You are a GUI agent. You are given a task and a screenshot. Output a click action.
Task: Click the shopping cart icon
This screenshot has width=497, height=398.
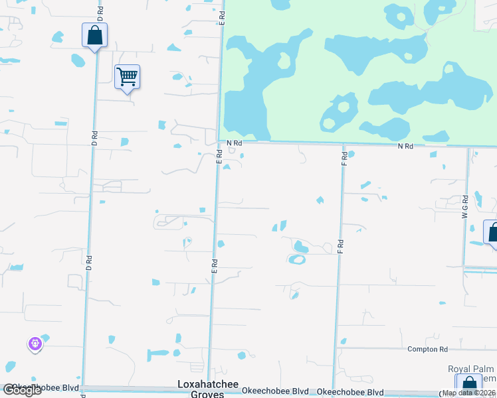point(127,77)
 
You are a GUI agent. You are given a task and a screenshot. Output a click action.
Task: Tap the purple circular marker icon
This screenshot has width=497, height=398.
point(35,344)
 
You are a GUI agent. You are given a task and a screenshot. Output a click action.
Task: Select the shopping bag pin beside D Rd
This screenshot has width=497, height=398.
point(94,35)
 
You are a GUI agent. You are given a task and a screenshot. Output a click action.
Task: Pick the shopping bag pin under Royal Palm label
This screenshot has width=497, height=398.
point(468,385)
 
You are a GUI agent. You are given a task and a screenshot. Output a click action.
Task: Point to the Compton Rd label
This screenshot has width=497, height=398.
point(427,349)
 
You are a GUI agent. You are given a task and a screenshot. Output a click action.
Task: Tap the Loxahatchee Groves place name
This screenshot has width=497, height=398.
point(203,389)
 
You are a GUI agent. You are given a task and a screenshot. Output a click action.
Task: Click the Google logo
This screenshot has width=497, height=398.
point(22,391)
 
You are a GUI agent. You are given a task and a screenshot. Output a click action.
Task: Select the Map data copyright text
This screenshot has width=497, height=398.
point(469,393)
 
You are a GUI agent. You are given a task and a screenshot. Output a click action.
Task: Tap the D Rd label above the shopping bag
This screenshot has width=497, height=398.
point(100,12)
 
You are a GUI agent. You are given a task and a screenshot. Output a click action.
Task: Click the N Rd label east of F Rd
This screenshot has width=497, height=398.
point(405,146)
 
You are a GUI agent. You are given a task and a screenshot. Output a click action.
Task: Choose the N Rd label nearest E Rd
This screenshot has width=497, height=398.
point(233,143)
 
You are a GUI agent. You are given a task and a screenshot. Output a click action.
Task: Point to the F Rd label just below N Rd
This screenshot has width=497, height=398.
point(344,159)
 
